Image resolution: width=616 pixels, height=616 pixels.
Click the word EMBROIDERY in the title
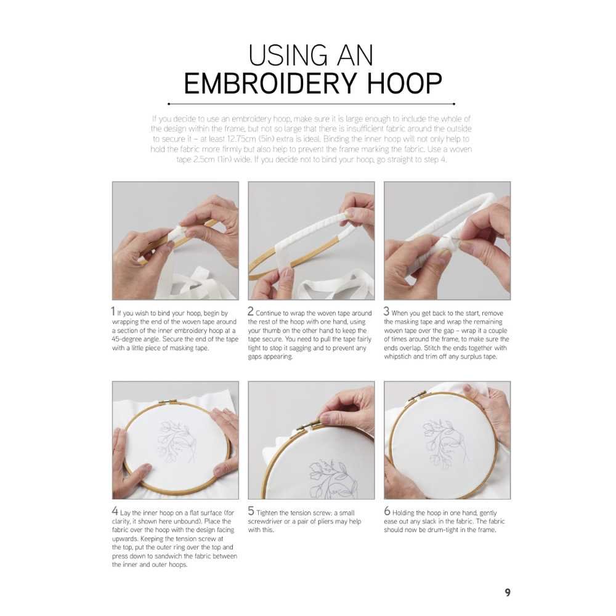coord(270,83)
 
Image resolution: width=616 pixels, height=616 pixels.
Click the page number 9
coord(508,592)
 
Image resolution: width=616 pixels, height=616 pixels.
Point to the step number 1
coord(113,312)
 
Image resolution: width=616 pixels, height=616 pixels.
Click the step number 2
coord(251,312)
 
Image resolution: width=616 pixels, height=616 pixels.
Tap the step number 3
coord(387,312)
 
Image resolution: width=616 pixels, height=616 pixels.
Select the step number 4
coord(115,511)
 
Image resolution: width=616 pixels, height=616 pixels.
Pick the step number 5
coord(251,511)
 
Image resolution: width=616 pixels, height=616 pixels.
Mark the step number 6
coord(387,511)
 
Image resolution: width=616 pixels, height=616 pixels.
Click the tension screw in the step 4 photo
coord(168,402)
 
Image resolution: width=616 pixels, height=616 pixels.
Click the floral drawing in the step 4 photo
coord(176,442)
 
